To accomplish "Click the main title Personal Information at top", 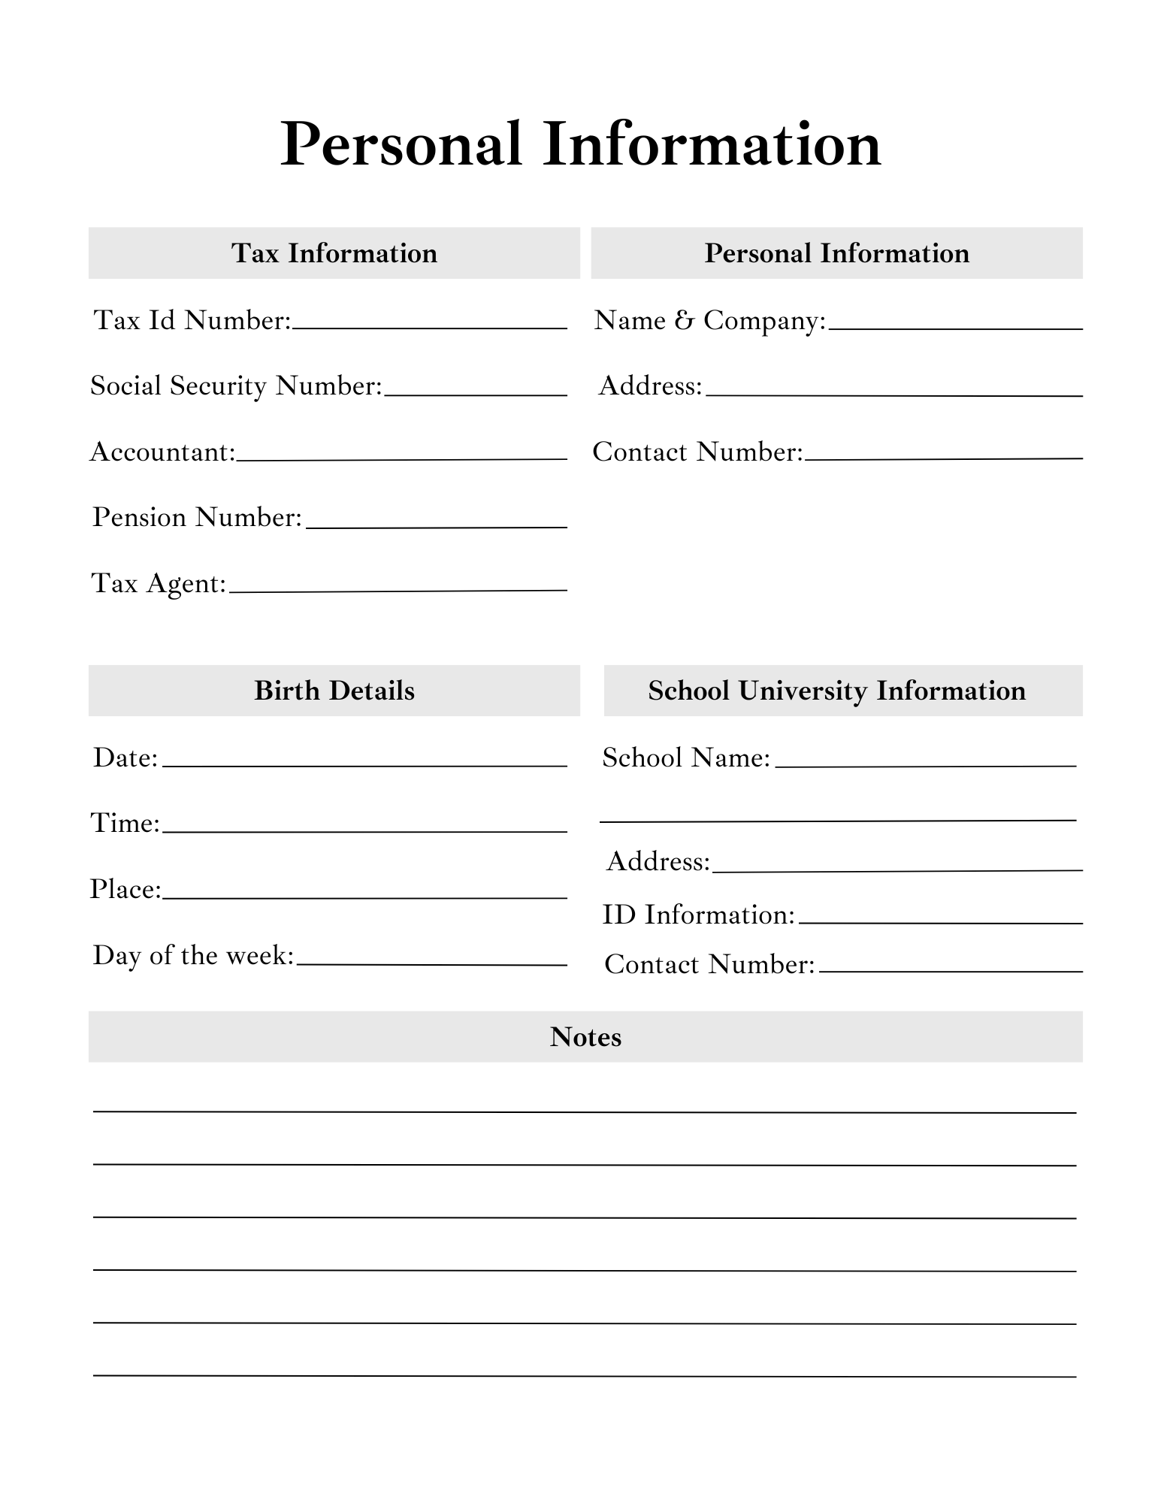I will click(580, 144).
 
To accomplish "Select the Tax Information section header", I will click(334, 253).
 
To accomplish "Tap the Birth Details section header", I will click(334, 691).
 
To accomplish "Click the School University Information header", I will click(836, 691).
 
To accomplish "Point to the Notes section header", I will click(585, 1037).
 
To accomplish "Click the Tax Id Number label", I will click(192, 321).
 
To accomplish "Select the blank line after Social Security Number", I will click(475, 394).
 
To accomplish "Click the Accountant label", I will click(162, 452).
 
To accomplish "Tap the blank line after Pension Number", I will click(436, 526).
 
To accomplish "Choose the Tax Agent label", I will click(159, 584).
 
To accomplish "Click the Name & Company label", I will click(709, 321).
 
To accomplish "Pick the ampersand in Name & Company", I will click(684, 321).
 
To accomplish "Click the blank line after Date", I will click(364, 765).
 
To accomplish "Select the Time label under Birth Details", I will click(125, 824).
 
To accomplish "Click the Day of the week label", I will click(193, 956).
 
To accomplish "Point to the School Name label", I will click(686, 758).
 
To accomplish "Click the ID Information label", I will click(698, 915).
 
